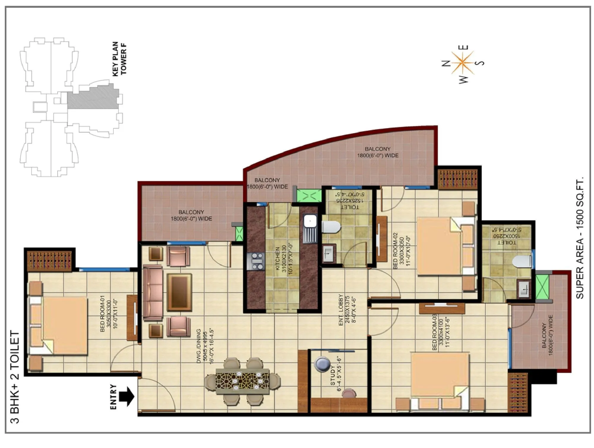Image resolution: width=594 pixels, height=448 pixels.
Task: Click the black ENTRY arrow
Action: click(x=127, y=396)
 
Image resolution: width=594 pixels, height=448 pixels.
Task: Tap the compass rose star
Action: click(x=462, y=63)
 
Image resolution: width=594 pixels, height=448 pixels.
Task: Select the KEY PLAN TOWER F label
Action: click(x=119, y=58)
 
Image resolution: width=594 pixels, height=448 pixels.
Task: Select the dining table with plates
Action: click(x=243, y=381)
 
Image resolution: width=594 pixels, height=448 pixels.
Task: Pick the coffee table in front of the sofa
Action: click(x=179, y=292)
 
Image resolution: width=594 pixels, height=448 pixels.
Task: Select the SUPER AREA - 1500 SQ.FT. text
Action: click(x=579, y=238)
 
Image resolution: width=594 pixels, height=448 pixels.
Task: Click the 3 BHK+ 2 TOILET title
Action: click(x=15, y=377)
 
